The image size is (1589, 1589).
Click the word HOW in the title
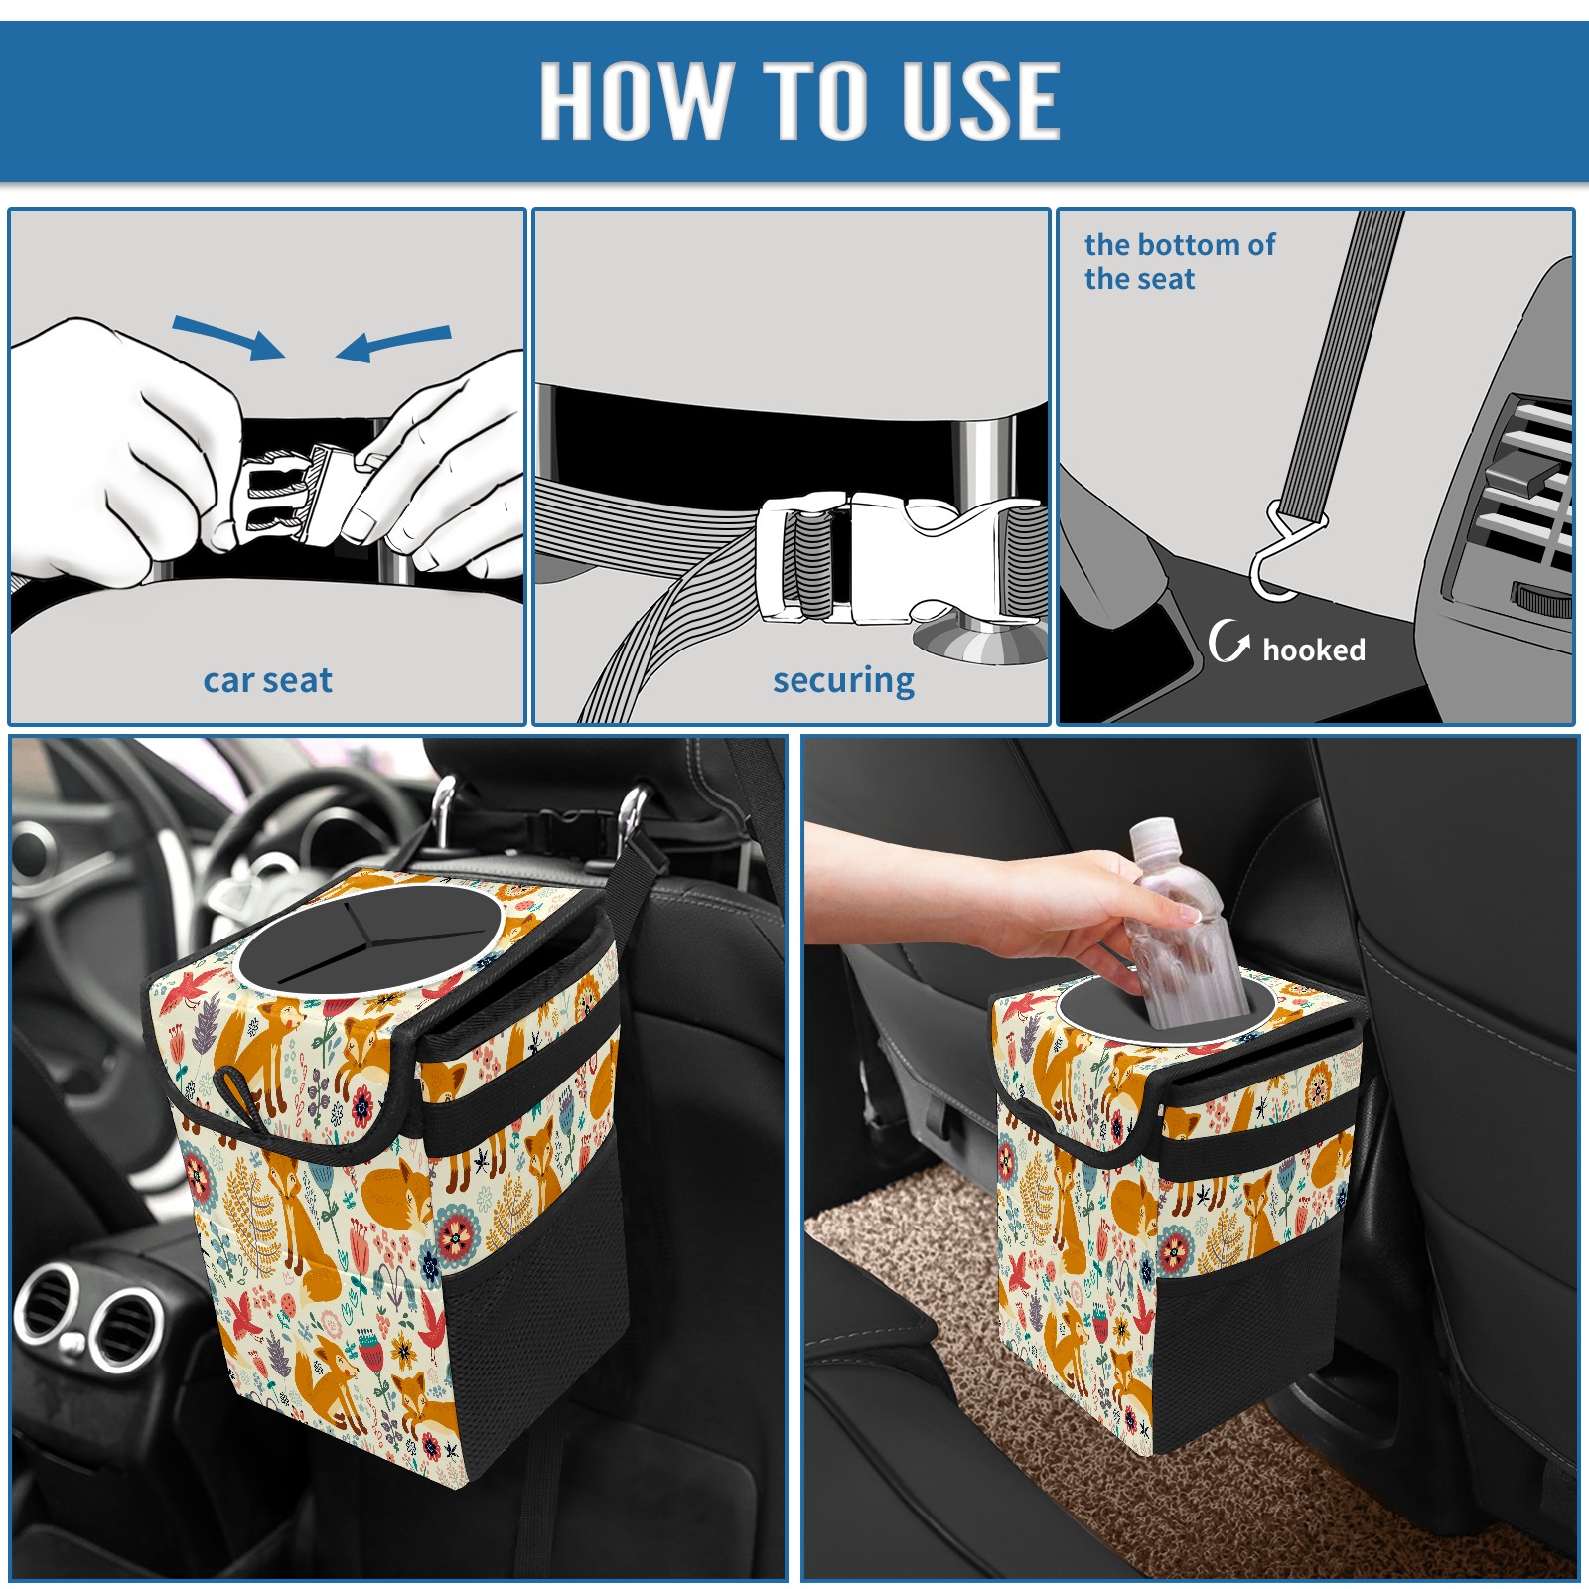(634, 99)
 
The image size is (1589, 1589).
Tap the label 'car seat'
(267, 680)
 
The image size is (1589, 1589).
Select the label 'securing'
(843, 681)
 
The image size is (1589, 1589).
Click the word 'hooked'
(1314, 650)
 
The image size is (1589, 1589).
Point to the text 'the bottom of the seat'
(1179, 261)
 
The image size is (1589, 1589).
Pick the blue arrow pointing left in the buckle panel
(393, 344)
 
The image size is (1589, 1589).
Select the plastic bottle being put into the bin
(1182, 924)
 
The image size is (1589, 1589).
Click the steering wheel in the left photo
(248, 834)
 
